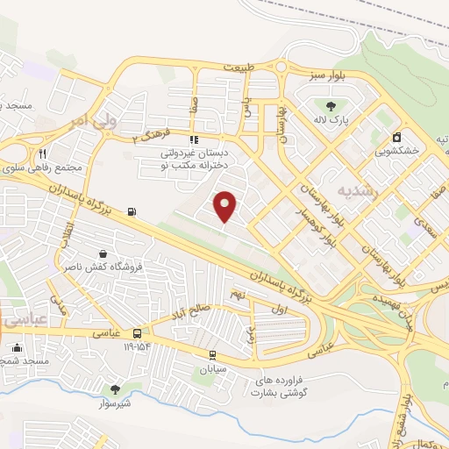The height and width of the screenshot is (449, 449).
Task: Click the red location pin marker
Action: click(x=225, y=206)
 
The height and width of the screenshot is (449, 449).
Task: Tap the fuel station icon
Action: click(x=132, y=210)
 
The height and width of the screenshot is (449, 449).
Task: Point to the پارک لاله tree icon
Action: click(x=330, y=106)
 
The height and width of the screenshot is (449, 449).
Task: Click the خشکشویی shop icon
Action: click(x=397, y=137)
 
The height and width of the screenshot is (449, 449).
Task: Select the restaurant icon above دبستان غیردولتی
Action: click(x=193, y=139)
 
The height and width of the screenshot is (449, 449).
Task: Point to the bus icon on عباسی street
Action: click(x=137, y=333)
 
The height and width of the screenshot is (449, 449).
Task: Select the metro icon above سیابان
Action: click(x=213, y=354)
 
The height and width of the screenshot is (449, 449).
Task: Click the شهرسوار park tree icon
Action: click(x=115, y=388)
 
